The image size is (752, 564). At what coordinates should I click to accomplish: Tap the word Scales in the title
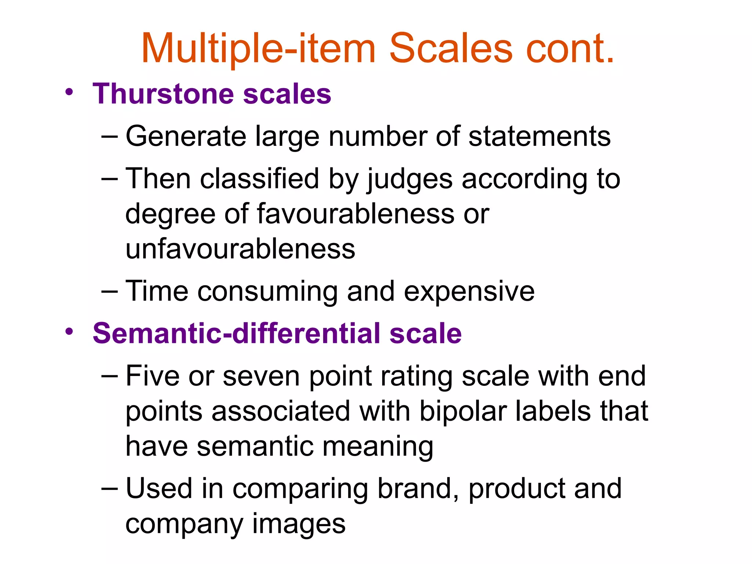451,49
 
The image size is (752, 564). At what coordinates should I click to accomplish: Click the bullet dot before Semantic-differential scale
69,332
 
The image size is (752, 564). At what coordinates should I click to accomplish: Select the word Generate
186,137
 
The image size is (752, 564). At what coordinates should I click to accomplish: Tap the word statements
539,137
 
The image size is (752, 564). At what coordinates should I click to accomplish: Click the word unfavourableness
241,249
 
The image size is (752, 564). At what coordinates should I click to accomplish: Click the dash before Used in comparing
109,489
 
